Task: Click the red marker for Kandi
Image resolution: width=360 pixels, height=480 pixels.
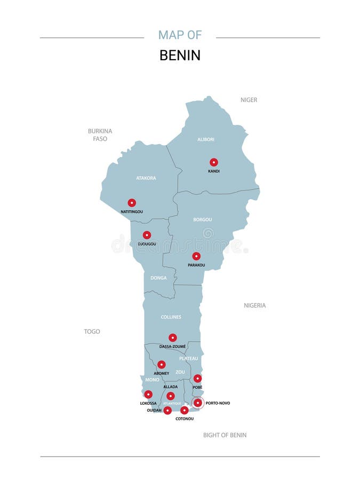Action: [x=214, y=162]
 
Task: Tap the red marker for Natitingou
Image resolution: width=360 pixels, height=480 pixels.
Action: [x=132, y=203]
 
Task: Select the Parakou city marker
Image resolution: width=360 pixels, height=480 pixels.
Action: [x=196, y=256]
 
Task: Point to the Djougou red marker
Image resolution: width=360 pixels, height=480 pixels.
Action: [x=147, y=235]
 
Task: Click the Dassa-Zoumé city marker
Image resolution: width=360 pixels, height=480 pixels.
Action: [x=173, y=338]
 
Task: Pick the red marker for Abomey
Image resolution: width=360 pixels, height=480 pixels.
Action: [x=162, y=365]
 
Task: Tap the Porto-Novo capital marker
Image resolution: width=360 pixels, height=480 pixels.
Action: [x=198, y=403]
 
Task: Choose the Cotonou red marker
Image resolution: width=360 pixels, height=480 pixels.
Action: [x=185, y=410]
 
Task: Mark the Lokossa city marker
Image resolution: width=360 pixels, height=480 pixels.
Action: [x=148, y=395]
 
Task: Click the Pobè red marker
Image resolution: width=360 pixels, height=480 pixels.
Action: [x=197, y=378]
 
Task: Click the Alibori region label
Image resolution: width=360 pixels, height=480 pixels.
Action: [x=206, y=140]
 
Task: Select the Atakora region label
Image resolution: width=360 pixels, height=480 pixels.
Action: [x=146, y=178]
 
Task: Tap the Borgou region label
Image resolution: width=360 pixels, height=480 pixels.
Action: [x=203, y=219]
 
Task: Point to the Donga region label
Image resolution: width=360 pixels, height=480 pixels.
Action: [x=158, y=278]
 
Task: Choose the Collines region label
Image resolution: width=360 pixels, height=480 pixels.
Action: [x=171, y=317]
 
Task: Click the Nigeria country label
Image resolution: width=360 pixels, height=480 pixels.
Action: [x=255, y=306]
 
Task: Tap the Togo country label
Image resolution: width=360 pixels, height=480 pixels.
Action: [x=92, y=332]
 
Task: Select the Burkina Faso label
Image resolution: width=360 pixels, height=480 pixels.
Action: [x=100, y=134]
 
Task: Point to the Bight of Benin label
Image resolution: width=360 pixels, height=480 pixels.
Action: [x=225, y=435]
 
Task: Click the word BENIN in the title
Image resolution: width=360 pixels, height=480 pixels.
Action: [x=180, y=55]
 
